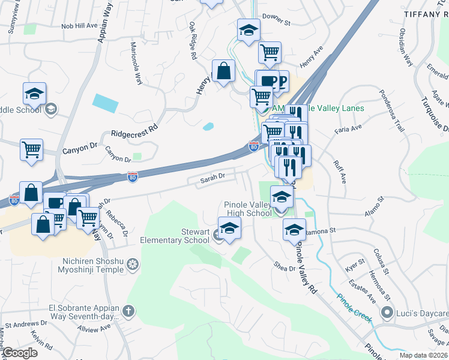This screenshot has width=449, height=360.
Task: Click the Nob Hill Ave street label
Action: [79, 26]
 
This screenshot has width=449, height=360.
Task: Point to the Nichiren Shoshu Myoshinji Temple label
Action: [97, 266]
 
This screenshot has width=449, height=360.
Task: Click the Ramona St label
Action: [319, 231]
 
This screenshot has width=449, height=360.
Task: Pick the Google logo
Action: [20, 353]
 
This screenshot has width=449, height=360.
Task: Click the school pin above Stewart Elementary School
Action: [229, 229]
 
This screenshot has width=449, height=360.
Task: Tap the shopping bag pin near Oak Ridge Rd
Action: [223, 71]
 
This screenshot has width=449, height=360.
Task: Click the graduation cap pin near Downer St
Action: [249, 31]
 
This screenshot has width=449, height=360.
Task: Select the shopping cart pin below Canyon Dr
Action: [31, 149]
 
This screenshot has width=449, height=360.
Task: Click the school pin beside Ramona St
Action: [294, 230]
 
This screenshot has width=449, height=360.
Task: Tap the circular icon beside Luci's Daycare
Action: [388, 313]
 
